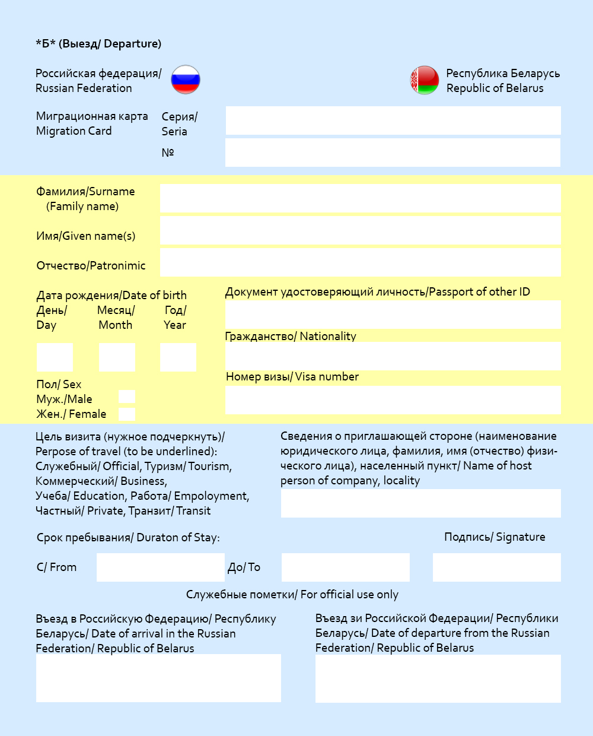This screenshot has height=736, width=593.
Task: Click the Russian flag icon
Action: tap(186, 80)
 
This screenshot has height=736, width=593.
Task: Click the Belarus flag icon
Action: tap(425, 80)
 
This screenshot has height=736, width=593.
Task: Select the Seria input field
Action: tap(393, 120)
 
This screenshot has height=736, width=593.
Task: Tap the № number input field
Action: tap(393, 153)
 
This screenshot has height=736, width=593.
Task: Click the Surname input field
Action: tap(360, 198)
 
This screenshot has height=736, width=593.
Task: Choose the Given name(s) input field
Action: tap(360, 230)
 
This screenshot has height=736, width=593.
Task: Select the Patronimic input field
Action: tap(360, 262)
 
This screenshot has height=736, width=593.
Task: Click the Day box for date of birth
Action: tap(55, 357)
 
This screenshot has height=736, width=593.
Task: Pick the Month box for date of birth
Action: tap(117, 357)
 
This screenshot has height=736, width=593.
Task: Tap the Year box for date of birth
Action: tap(178, 357)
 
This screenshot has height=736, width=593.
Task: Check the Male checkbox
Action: tap(127, 397)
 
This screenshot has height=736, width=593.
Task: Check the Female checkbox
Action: tap(127, 414)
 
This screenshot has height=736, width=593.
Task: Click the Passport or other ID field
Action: tap(393, 315)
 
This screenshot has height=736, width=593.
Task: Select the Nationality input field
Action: tap(393, 356)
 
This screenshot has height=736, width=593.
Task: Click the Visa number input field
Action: tap(393, 400)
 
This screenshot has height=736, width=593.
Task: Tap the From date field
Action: tap(160, 567)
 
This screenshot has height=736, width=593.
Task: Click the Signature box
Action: tap(496, 567)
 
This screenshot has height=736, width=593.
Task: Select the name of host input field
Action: tap(420, 503)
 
